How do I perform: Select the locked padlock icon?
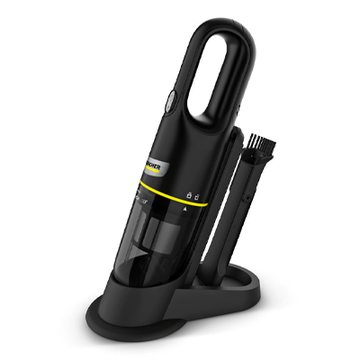pos(187,194)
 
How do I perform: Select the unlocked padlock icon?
pos(197,195)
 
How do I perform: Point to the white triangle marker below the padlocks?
pos(186,208)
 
